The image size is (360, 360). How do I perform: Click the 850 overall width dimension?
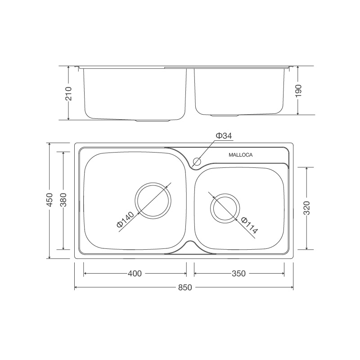(185, 287)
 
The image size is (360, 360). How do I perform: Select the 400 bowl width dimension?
(135, 274)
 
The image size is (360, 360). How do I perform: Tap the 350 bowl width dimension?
(239, 274)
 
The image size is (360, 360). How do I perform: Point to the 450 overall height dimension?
(49, 200)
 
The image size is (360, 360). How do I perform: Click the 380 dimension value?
(63, 200)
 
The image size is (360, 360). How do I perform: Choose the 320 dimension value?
(306, 208)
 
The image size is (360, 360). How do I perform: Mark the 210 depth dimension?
(68, 94)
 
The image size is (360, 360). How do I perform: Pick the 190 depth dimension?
(298, 91)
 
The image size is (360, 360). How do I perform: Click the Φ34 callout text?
(224, 136)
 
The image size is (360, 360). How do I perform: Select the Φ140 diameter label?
(125, 220)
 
